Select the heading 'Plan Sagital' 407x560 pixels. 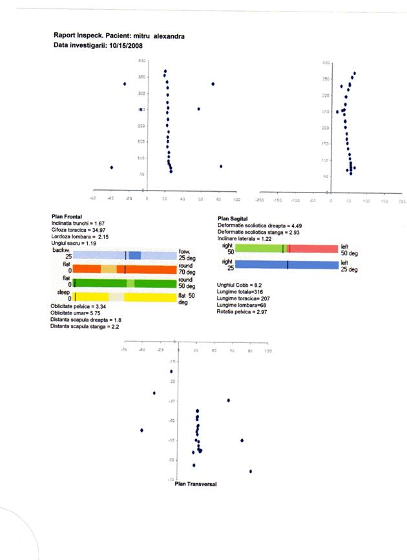(234, 220)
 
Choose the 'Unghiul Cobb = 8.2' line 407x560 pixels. (240, 284)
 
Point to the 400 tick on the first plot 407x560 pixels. (141, 61)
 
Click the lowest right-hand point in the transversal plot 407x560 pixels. (251, 472)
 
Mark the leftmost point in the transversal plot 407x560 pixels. (141, 430)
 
